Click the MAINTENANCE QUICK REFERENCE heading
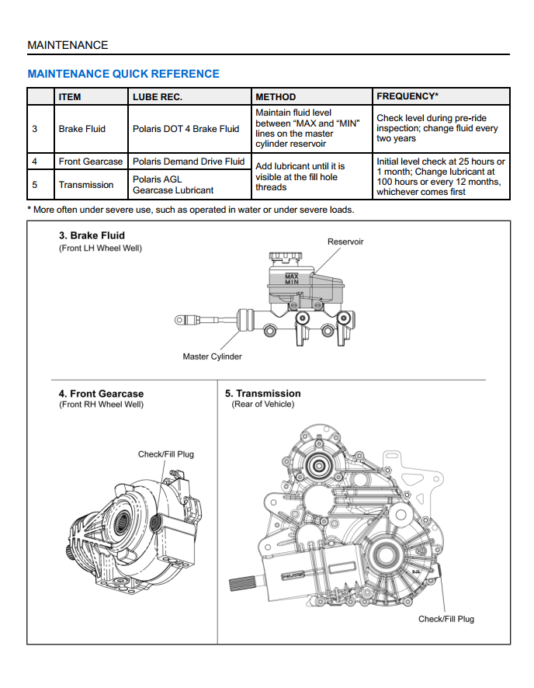[123, 74]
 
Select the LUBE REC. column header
[158, 97]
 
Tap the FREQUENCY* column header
[407, 96]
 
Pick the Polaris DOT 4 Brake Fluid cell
[186, 129]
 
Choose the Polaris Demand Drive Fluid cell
[189, 162]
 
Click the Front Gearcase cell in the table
[91, 162]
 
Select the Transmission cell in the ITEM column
[86, 185]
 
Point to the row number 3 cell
[35, 129]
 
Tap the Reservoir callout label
[345, 241]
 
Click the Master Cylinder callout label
[212, 356]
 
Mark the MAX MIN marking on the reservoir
[291, 279]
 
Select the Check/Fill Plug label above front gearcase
[166, 454]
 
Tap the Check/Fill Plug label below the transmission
[446, 619]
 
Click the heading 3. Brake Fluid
[92, 235]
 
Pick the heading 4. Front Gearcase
[101, 394]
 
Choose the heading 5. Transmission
[262, 394]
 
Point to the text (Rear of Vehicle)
[263, 405]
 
